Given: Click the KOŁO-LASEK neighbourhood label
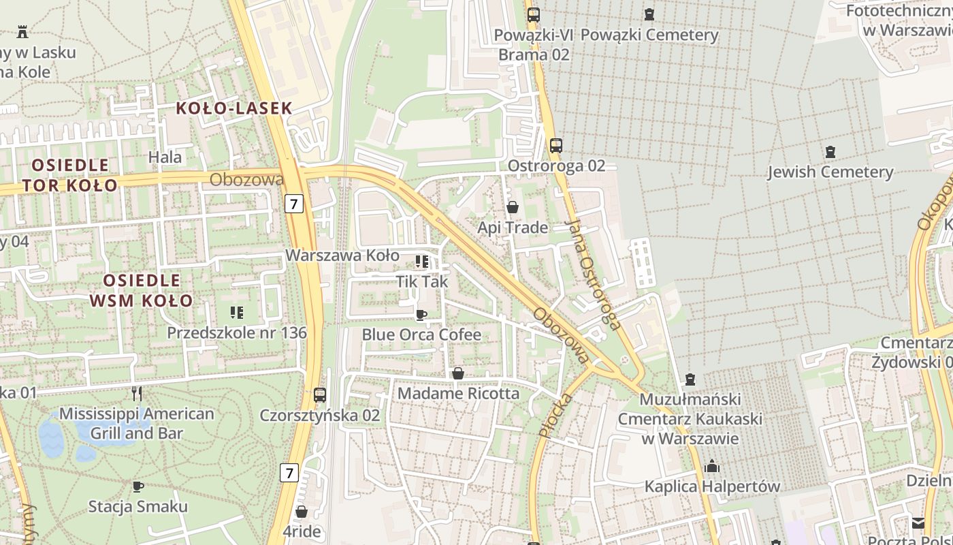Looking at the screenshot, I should point(234,108).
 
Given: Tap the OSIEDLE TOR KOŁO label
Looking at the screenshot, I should point(70,175).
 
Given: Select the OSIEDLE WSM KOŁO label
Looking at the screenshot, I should point(142,290).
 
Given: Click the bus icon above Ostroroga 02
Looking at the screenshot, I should point(555,145).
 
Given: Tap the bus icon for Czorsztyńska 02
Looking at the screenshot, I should point(319,394).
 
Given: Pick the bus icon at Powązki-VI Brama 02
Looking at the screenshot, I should point(533,14).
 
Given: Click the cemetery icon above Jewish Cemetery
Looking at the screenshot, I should point(830,151).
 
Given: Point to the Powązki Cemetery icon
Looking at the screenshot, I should point(649,14).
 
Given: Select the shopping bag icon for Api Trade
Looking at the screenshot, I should point(513,206).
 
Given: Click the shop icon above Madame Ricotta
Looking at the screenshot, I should point(458,373).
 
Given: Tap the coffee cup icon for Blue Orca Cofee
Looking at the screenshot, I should point(421,315).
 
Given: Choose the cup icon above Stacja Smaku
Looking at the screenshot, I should point(138,486).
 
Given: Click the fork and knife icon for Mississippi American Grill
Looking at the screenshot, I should point(137,393).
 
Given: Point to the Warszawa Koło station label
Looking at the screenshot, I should point(342,255).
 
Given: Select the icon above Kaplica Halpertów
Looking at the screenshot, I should point(712,466).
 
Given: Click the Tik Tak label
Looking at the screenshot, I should point(422,281).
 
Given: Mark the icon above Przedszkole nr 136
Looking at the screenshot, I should point(236,313).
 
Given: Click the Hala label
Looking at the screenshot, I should point(165,157).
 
